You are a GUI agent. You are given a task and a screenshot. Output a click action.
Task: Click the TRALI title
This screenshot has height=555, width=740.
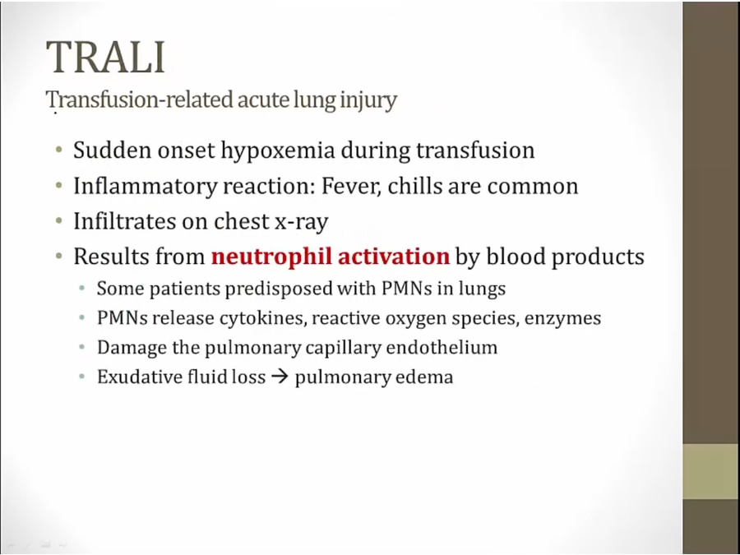pos(106,57)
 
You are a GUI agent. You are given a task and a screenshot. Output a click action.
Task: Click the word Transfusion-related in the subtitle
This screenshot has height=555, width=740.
pos(140,100)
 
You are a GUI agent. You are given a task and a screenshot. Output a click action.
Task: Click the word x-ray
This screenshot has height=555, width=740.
pos(302,222)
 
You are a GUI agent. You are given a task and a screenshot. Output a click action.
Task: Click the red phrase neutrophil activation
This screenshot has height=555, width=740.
pos(331,257)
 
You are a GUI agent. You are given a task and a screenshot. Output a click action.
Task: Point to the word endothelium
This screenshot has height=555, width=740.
pos(442,347)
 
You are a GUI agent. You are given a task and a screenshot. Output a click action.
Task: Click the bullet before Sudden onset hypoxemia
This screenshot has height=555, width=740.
pos(58,150)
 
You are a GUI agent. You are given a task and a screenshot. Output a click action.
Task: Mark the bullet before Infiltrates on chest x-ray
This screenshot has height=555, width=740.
pos(58,221)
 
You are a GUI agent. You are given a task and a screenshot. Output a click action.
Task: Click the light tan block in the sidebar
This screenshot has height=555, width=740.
pos(710,471)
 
